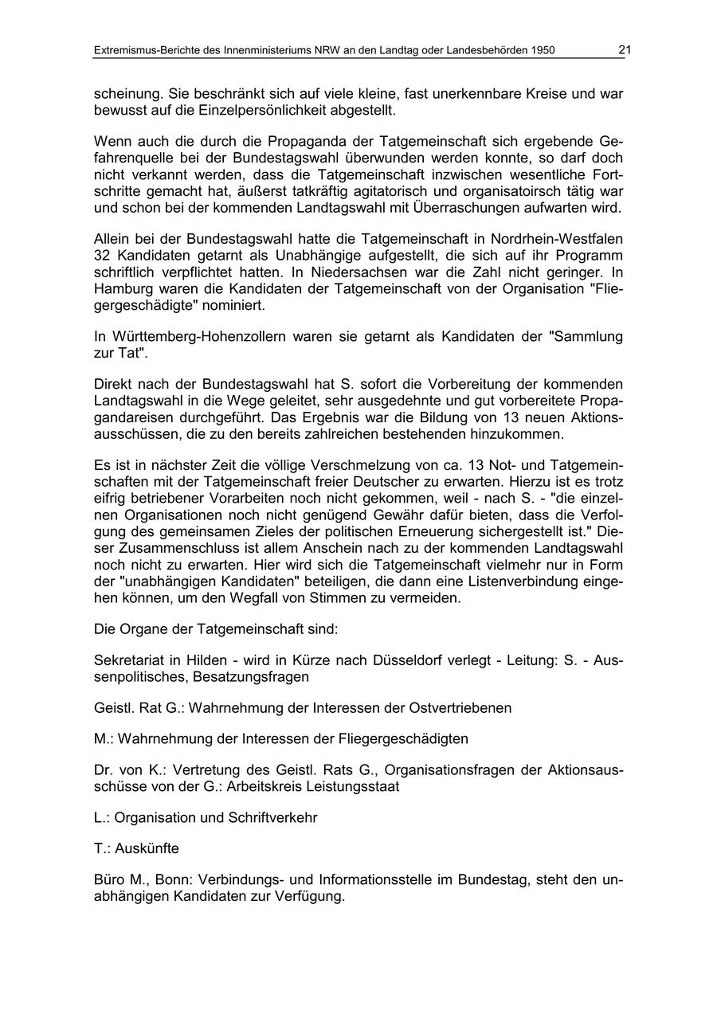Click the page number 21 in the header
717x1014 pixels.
click(x=625, y=50)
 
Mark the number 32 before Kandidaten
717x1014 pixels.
click(x=103, y=256)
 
